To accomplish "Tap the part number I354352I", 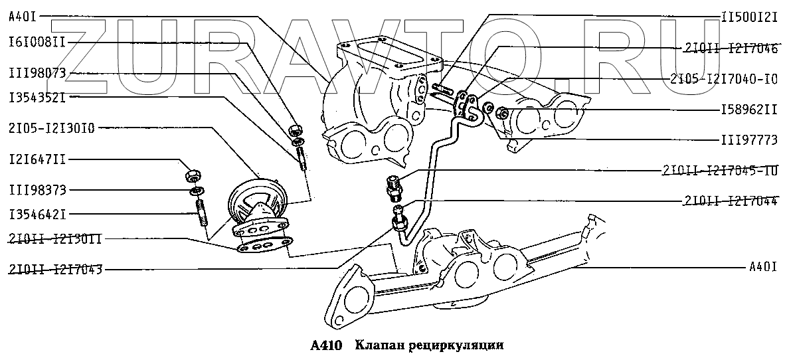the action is click(x=37, y=98).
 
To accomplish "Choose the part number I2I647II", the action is click(x=37, y=160).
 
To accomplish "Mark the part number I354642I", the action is click(x=37, y=214).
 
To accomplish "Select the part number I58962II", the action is click(x=748, y=108).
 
